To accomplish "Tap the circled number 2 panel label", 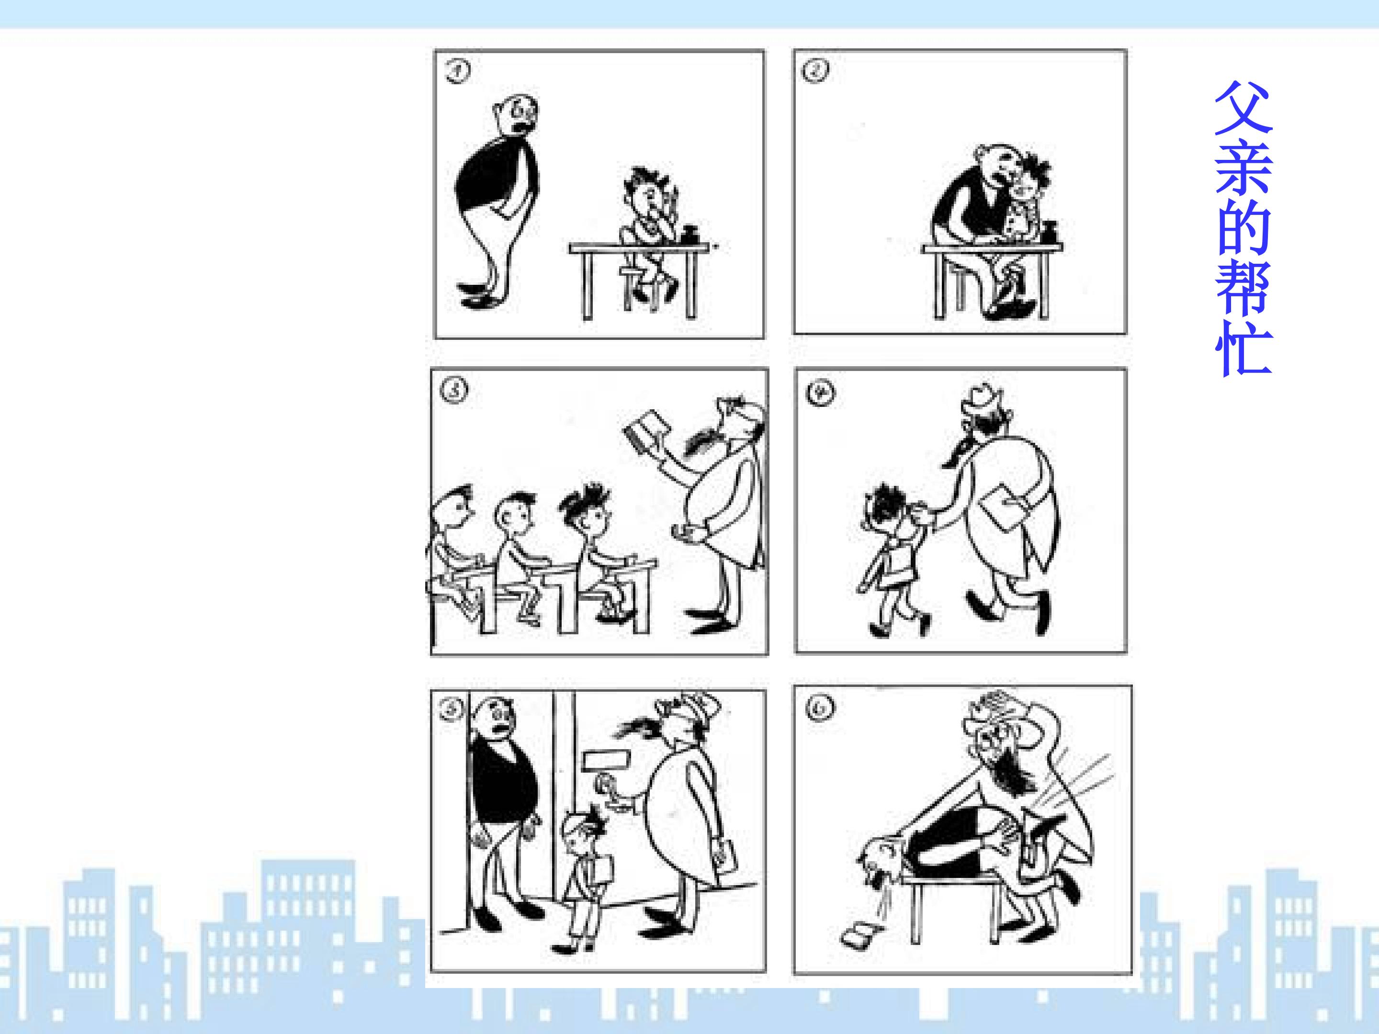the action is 815,70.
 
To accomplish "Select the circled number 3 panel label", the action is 454,391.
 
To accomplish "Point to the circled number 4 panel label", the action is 819,393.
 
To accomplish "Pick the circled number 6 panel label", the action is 820,708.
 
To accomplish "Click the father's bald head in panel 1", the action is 514,115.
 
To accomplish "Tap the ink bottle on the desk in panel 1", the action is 690,236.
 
